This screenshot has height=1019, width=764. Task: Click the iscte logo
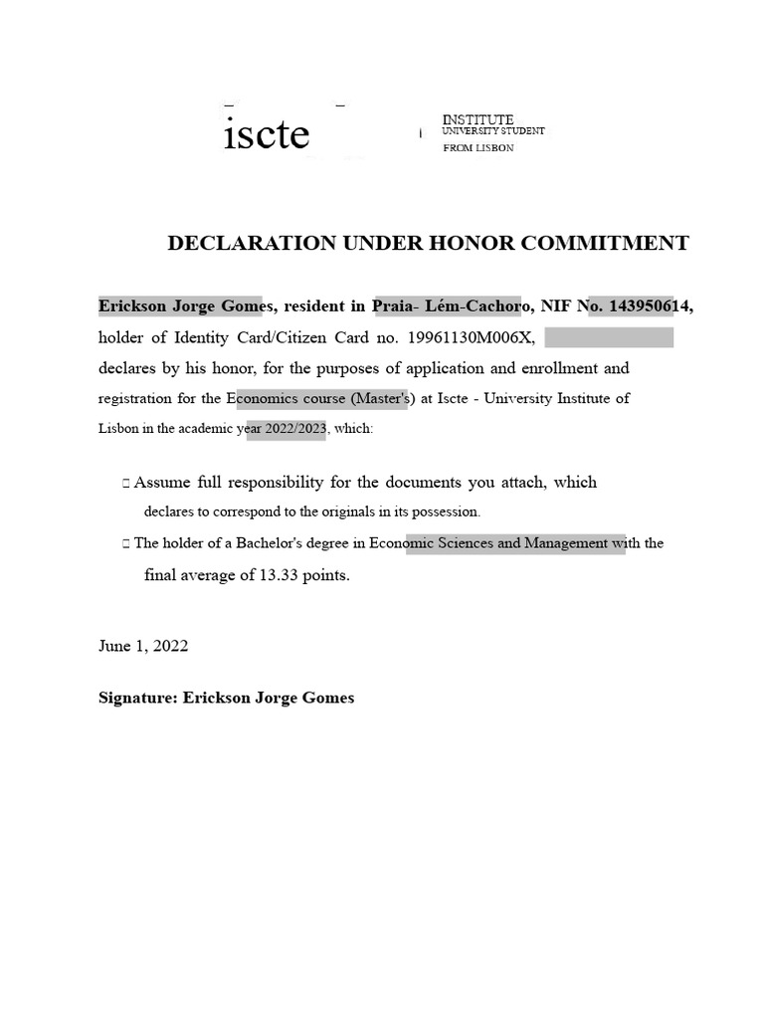point(267,134)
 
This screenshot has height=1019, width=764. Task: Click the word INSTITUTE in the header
point(477,119)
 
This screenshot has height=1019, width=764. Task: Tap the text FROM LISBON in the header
point(478,148)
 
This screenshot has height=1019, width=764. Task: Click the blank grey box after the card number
point(609,337)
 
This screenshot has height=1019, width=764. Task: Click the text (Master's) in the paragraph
point(375,399)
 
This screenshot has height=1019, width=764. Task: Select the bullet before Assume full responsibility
point(125,484)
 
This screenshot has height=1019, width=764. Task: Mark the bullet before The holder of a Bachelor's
point(125,544)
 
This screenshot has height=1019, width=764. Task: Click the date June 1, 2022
point(143,646)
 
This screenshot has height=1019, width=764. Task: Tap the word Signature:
point(137,698)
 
